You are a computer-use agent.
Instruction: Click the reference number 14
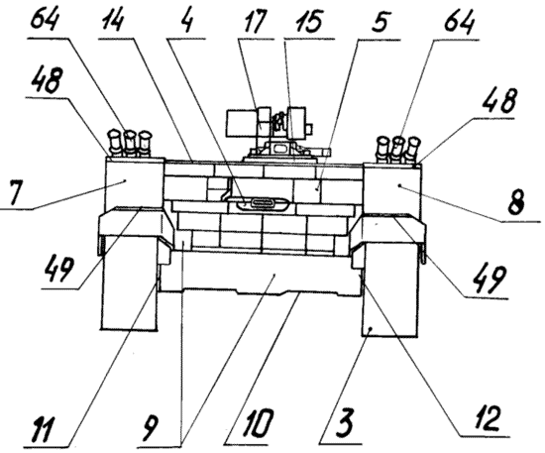(113, 21)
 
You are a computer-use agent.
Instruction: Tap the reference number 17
(253, 21)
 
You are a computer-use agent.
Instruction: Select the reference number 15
(309, 22)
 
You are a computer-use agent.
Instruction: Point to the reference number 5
(380, 22)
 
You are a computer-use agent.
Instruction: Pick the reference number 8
(516, 202)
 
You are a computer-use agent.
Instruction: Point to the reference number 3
(344, 421)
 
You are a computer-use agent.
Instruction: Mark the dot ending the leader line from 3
(372, 328)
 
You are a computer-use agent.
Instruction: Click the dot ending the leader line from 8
(399, 185)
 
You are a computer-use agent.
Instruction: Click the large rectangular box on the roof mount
(242, 124)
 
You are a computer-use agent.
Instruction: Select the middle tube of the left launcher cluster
(129, 144)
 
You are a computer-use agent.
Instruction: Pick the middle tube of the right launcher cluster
(397, 150)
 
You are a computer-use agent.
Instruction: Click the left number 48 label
(47, 80)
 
